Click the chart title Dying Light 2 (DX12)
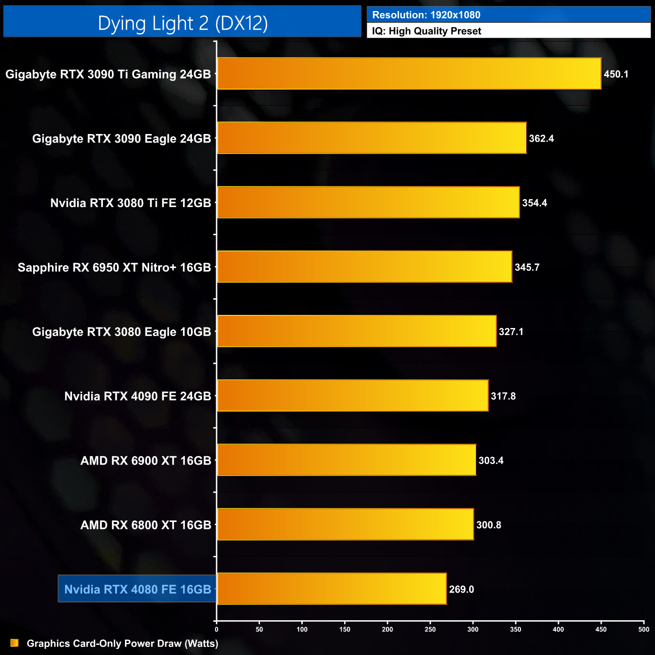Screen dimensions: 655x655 click(x=182, y=23)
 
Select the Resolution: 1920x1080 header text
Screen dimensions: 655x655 click(x=426, y=15)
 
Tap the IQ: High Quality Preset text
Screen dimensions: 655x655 click(x=426, y=31)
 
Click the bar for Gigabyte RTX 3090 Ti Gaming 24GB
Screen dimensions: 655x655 click(x=409, y=74)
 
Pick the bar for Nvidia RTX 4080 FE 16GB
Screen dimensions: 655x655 click(x=332, y=588)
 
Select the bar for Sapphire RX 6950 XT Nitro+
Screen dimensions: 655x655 click(x=364, y=267)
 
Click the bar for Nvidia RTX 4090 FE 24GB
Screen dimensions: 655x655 click(x=352, y=396)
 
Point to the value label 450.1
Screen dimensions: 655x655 click(x=616, y=74)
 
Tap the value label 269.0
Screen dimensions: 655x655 click(x=462, y=589)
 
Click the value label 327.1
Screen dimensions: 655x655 click(x=511, y=332)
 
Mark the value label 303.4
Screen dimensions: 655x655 click(x=491, y=461)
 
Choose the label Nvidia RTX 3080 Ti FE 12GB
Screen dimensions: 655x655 click(x=130, y=203)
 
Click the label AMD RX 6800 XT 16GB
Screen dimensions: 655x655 click(x=146, y=525)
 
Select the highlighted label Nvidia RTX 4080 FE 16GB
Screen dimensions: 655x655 click(x=138, y=589)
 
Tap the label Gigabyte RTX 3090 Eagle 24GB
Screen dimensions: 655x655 click(x=121, y=139)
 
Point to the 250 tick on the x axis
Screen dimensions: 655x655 click(x=430, y=629)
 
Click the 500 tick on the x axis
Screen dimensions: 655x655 click(x=644, y=629)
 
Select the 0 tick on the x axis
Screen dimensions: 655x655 click(x=217, y=629)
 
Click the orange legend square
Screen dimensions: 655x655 click(x=15, y=643)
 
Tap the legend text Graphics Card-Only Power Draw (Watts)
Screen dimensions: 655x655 click(x=122, y=643)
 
